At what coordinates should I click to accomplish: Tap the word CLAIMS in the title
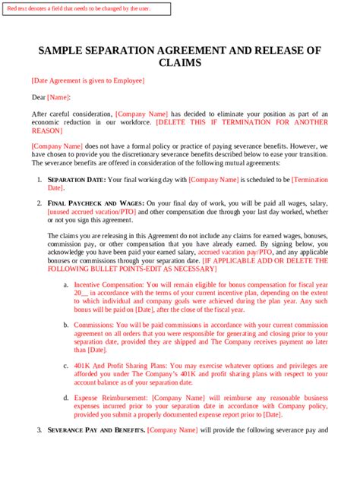coord(180,64)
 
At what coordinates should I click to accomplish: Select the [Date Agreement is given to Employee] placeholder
coord(87,80)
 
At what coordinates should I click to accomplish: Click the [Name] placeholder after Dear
coord(58,97)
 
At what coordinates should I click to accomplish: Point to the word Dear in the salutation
coord(38,97)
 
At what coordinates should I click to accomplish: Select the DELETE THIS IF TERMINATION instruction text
coord(242,121)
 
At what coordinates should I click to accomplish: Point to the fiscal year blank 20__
coord(82,292)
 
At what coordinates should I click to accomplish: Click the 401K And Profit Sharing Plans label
coord(122,365)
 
